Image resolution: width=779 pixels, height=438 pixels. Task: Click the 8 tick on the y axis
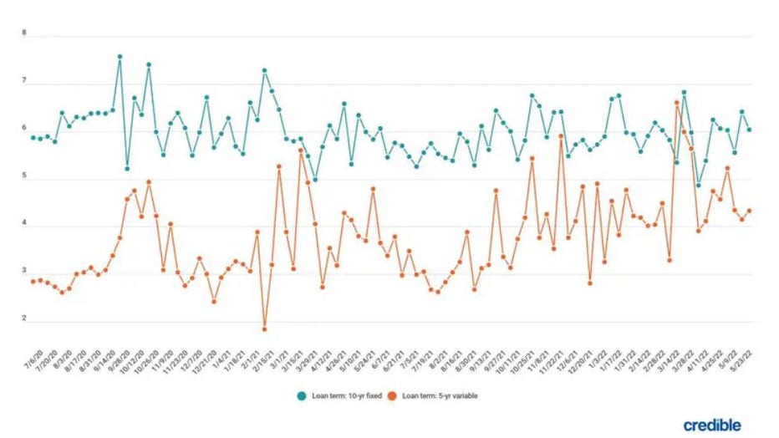24,34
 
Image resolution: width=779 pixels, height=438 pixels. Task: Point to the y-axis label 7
24,82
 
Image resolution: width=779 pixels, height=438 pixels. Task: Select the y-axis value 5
24,177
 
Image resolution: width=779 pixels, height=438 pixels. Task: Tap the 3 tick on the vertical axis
24,272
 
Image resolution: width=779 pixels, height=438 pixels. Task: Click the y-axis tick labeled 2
24,318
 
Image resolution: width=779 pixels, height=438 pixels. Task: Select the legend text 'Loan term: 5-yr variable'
442,395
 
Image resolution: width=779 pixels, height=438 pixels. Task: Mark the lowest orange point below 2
264,328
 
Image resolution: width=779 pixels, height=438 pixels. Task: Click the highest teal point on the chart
120,57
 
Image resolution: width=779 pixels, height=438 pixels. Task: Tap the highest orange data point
676,102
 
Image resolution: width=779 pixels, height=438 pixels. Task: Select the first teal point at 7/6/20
33,137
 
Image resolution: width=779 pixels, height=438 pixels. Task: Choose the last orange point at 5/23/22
749,211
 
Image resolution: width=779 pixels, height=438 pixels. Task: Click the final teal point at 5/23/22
749,130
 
